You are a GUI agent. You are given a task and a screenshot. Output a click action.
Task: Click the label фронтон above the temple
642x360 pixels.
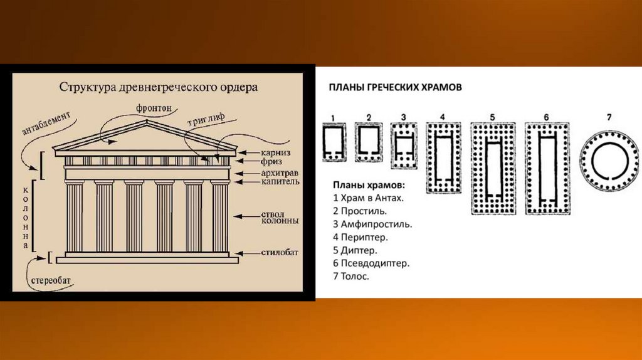pyautogui.click(x=154, y=108)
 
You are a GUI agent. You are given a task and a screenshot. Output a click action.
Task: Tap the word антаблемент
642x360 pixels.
pyautogui.click(x=46, y=123)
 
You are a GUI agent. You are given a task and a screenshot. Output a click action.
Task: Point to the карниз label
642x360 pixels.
pyautogui.click(x=276, y=153)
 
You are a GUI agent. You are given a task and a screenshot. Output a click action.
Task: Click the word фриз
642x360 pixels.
pyautogui.click(x=271, y=162)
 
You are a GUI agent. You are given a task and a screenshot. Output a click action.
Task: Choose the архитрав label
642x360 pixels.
pyautogui.click(x=280, y=173)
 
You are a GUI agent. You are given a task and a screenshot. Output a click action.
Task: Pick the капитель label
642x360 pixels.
pyautogui.click(x=280, y=181)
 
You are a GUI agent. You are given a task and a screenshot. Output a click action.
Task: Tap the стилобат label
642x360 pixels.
pyautogui.click(x=280, y=252)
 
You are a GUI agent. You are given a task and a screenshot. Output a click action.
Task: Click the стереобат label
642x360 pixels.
pyautogui.click(x=51, y=280)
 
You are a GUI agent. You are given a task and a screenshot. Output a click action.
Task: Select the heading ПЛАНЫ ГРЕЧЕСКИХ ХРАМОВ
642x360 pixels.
pyautogui.click(x=395, y=87)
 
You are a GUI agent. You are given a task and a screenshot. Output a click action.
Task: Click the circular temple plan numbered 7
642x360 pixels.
pyautogui.click(x=609, y=161)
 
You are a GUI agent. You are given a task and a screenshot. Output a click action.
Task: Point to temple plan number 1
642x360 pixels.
pyautogui.click(x=334, y=142)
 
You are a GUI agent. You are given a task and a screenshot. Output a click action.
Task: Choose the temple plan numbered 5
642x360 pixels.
pyautogui.click(x=493, y=168)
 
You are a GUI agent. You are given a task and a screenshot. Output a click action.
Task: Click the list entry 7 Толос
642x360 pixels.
pyautogui.click(x=351, y=276)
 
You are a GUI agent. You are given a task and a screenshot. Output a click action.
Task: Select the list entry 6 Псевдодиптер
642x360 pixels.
pyautogui.click(x=371, y=263)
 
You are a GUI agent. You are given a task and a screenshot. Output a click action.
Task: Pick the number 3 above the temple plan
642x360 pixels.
pyautogui.click(x=403, y=117)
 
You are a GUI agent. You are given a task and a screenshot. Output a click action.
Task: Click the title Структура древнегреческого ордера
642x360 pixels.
pyautogui.click(x=159, y=87)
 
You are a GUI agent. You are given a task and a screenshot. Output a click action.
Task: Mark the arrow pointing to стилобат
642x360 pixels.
pyautogui.click(x=246, y=253)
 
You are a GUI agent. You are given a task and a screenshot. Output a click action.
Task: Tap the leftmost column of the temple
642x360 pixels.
pyautogui.click(x=75, y=216)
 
